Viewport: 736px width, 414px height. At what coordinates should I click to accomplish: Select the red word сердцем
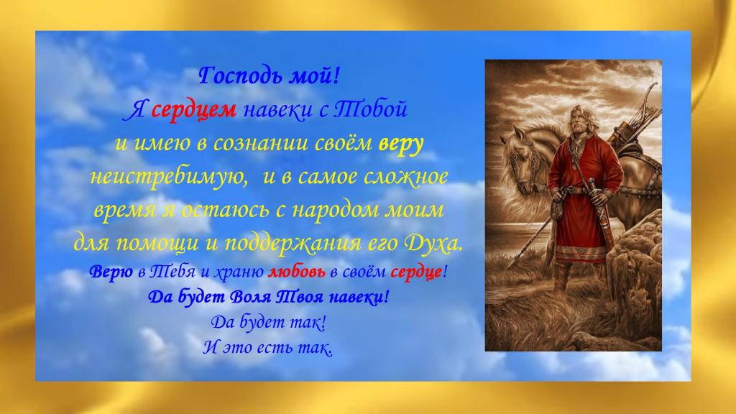[x=194, y=110]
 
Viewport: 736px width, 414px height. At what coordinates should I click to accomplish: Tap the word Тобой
[x=370, y=109]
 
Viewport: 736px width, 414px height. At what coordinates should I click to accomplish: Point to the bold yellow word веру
[x=401, y=144]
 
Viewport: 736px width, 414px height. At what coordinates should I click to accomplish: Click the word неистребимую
[x=170, y=177]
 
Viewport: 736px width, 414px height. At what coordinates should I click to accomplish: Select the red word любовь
[x=296, y=271]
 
